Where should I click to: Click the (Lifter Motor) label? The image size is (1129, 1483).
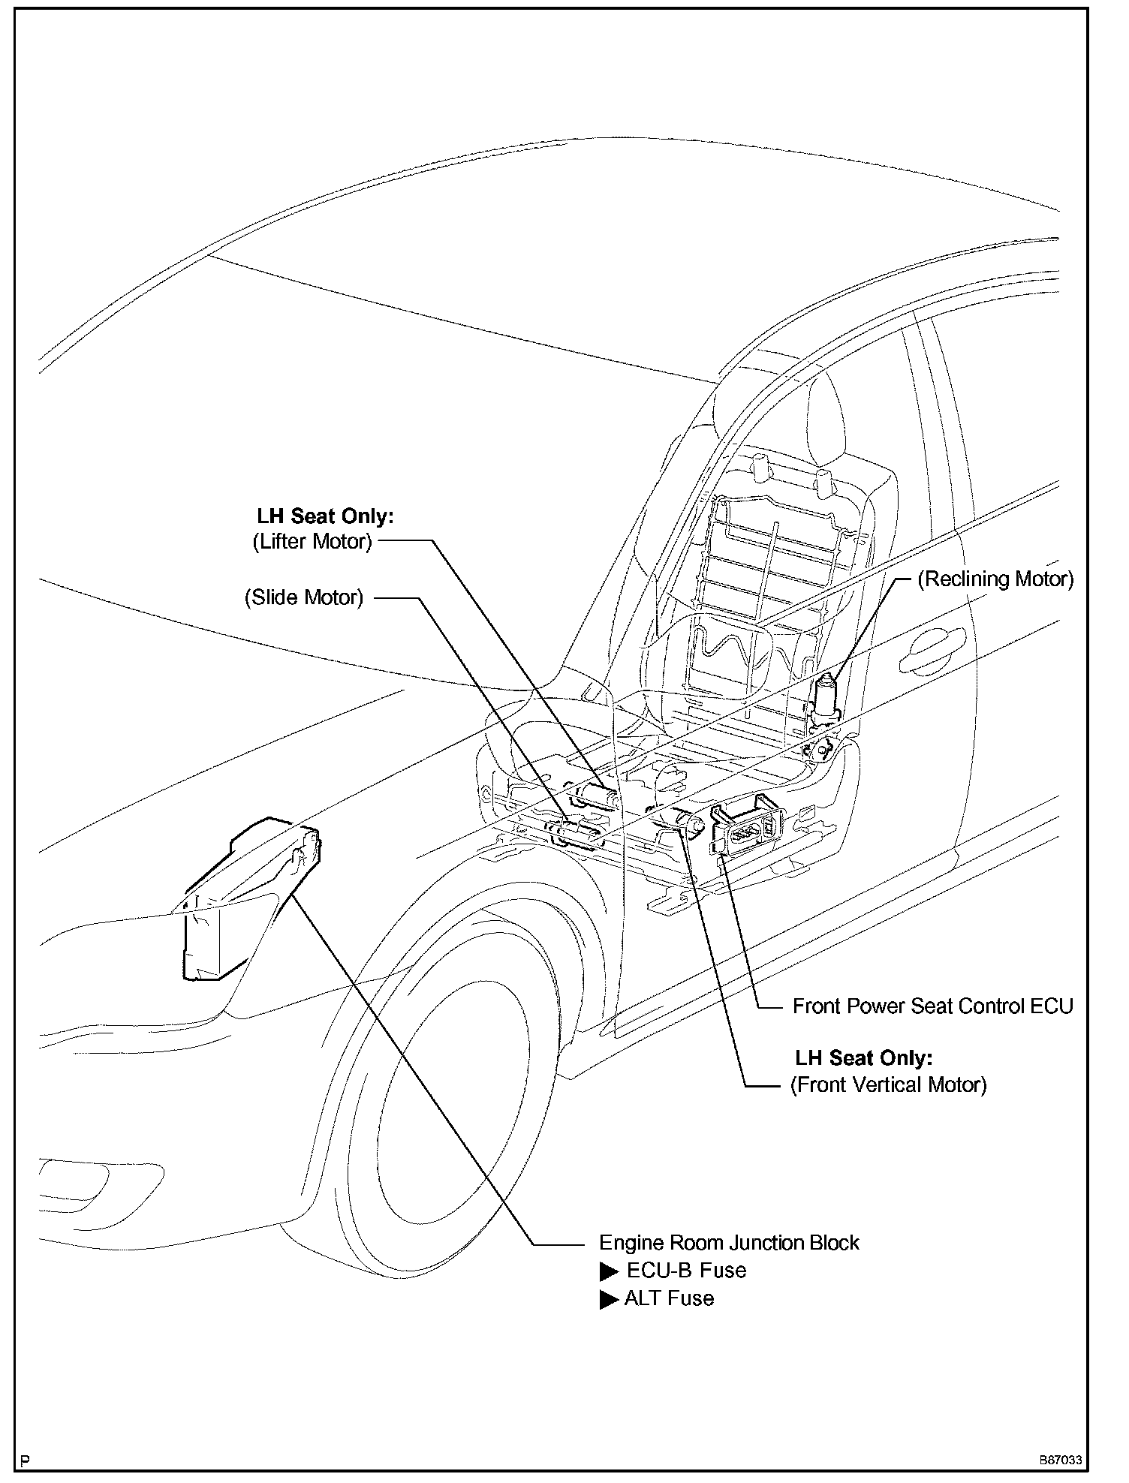312,541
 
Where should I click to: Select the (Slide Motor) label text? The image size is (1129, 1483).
304,597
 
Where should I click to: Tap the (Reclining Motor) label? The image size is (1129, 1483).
996,579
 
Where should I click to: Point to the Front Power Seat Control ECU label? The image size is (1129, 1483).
933,1006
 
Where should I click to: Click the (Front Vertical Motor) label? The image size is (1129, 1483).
888,1084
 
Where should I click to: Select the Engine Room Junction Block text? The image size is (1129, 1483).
729,1242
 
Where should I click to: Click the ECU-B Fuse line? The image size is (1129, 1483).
686,1270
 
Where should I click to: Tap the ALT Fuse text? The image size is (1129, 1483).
669,1298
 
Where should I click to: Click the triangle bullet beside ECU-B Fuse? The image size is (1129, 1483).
609,1271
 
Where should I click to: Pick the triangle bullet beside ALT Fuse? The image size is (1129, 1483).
609,1299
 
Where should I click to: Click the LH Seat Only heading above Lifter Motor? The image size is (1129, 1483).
325,516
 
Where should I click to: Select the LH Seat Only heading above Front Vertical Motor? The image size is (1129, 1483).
864,1057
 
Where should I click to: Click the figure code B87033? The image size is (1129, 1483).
1061,1460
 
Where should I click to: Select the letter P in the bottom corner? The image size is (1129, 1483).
26,1460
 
